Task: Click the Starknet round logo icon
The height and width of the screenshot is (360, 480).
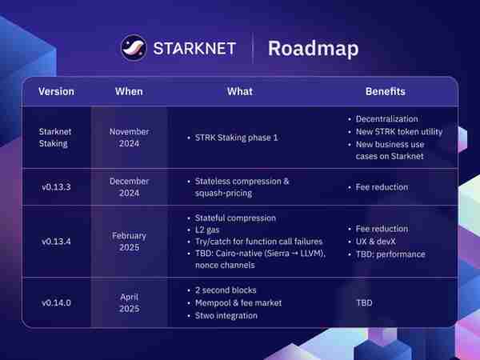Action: pyautogui.click(x=134, y=48)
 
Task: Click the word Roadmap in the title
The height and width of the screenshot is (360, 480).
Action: pyautogui.click(x=313, y=49)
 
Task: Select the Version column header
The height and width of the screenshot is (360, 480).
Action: pyautogui.click(x=56, y=91)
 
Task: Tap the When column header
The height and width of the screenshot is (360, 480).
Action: pyautogui.click(x=129, y=91)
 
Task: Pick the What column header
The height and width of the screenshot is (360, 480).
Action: pyautogui.click(x=240, y=91)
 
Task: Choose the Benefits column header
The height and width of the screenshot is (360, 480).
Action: pyautogui.click(x=386, y=91)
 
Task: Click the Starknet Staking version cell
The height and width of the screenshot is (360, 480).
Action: pyautogui.click(x=54, y=138)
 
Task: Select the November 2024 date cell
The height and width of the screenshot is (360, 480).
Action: pyautogui.click(x=129, y=138)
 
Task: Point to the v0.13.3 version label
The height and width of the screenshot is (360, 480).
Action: pyautogui.click(x=56, y=187)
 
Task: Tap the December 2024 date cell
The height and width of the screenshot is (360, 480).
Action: pyautogui.click(x=129, y=187)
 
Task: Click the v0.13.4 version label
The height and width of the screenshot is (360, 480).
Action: pyautogui.click(x=56, y=242)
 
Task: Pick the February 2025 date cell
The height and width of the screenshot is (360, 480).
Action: pyautogui.click(x=129, y=242)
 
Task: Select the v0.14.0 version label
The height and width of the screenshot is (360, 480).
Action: pyautogui.click(x=56, y=302)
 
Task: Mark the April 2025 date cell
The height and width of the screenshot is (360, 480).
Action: pyautogui.click(x=129, y=302)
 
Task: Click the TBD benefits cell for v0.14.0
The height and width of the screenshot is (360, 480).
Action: pyautogui.click(x=364, y=302)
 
